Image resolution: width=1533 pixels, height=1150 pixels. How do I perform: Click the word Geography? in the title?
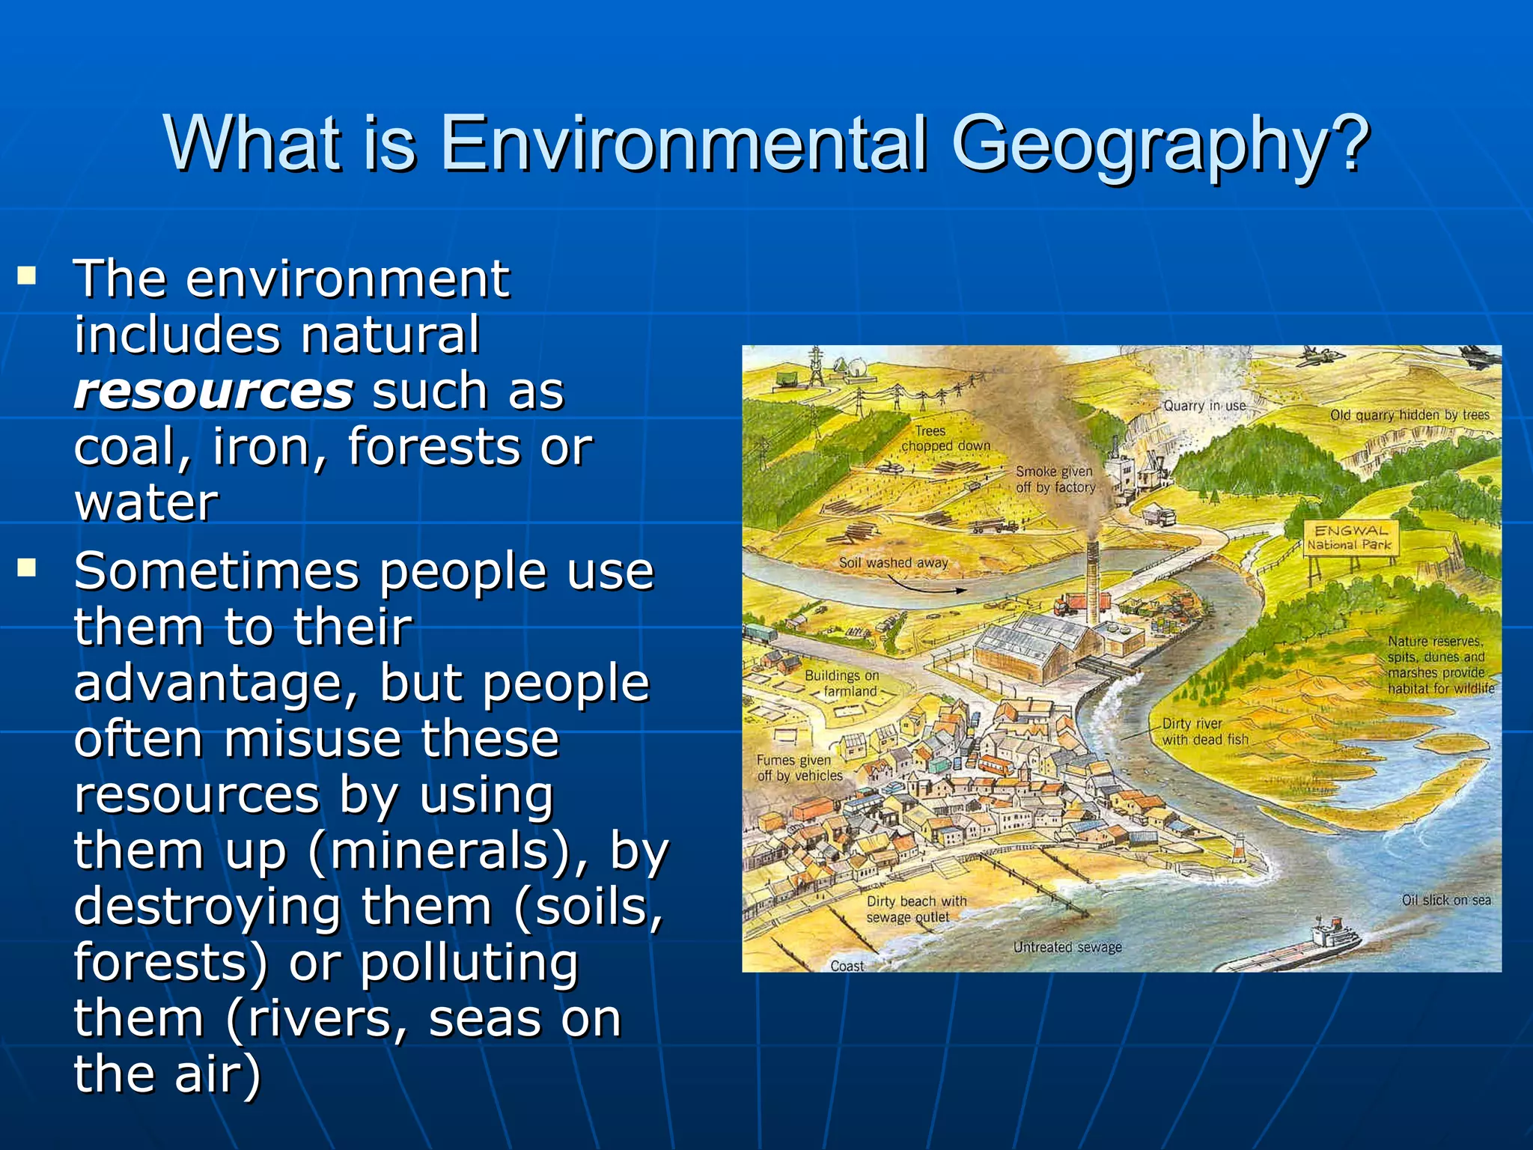pos(1161,144)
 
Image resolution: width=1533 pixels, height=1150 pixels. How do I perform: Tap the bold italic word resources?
pos(214,391)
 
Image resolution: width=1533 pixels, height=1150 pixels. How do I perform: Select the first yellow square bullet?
pos(28,276)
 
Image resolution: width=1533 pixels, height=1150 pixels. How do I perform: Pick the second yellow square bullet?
pos(28,568)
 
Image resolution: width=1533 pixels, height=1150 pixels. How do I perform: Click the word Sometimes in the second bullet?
pos(217,571)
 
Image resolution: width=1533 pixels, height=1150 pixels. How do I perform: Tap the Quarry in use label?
pos(1204,406)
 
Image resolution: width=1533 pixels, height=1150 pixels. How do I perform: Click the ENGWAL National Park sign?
pos(1350,538)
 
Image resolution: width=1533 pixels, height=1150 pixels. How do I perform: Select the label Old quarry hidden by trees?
pos(1409,415)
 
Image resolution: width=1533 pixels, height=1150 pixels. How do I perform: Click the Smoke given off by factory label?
pos(1055,479)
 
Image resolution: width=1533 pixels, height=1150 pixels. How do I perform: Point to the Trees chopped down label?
pos(945,438)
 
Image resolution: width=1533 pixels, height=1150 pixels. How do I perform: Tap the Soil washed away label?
pos(893,562)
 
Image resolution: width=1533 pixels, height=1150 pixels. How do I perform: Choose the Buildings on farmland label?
pos(842,683)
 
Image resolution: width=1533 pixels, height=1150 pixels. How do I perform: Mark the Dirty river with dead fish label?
pos(1204,731)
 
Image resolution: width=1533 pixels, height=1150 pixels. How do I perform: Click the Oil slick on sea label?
pos(1446,900)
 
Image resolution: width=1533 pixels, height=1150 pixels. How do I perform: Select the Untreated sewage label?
pos(1067,947)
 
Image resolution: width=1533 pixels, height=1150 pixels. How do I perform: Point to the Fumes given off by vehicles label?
pos(799,768)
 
